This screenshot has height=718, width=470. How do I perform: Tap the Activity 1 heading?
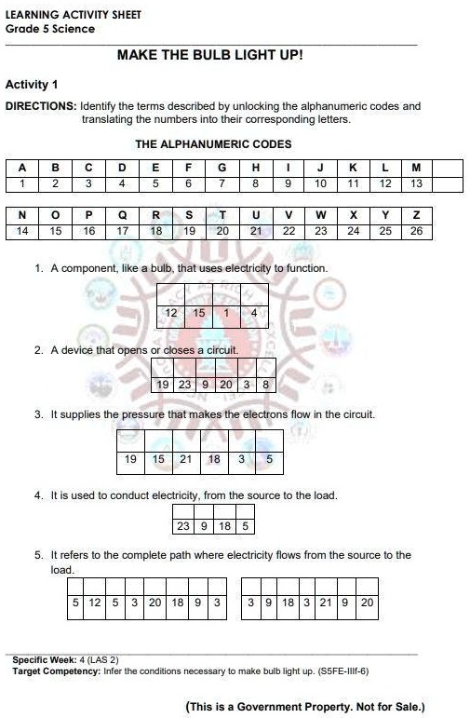(x=32, y=85)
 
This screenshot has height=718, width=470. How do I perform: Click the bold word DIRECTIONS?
(x=41, y=107)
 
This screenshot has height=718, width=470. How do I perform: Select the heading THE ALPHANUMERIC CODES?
(x=213, y=144)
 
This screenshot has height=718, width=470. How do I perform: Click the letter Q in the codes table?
(x=122, y=215)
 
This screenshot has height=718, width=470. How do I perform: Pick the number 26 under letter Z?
(x=416, y=230)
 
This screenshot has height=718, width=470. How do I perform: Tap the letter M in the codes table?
(x=416, y=168)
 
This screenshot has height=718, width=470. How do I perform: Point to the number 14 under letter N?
(x=22, y=230)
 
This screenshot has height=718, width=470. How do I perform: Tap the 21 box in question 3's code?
(x=185, y=459)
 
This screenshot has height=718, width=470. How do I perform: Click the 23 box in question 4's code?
(x=183, y=526)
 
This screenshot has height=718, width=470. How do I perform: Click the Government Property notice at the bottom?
(x=305, y=707)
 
